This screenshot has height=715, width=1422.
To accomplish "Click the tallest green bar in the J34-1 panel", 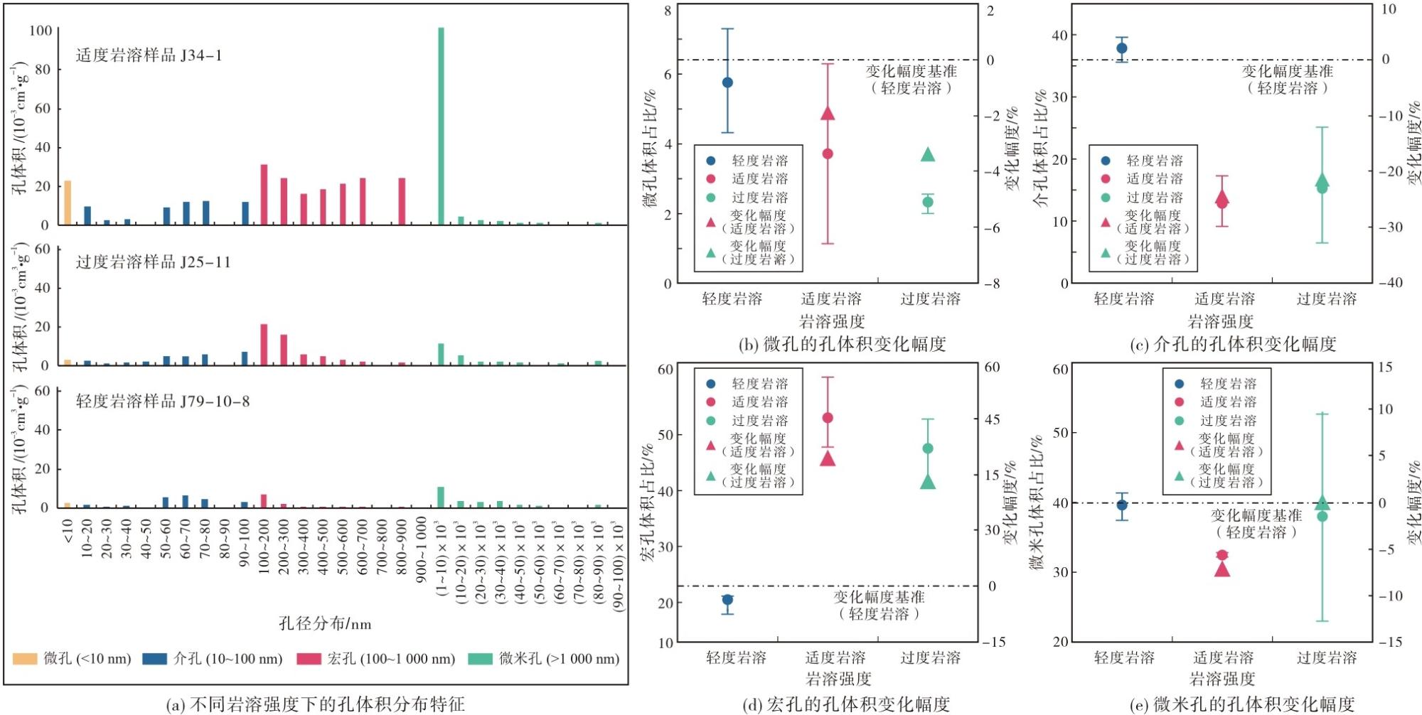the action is tap(441, 126).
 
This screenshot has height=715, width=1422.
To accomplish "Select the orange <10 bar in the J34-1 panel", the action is tap(68, 203).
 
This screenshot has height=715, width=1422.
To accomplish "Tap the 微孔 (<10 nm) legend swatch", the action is tap(25, 659).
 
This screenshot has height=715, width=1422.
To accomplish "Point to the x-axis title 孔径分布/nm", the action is tap(325, 623).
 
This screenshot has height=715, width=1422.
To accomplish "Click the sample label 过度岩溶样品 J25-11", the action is tap(154, 262).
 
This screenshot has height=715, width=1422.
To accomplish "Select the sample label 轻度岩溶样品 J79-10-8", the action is tap(163, 401).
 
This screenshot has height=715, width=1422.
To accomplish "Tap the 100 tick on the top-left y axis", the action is tap(41, 31).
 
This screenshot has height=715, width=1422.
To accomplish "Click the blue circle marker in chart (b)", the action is tap(727, 82).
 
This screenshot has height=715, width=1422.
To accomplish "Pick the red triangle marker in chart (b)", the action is tap(828, 113).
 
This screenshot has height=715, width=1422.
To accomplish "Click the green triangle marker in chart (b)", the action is tap(928, 154).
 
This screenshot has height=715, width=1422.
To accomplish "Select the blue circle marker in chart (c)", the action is tap(1122, 48).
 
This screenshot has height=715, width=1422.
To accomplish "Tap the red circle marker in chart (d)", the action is tap(828, 418).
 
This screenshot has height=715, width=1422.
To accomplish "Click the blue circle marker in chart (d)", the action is tap(727, 600).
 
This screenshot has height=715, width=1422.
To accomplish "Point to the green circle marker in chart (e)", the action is tap(1322, 516).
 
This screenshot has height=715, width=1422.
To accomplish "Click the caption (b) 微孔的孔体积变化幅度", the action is tap(843, 345).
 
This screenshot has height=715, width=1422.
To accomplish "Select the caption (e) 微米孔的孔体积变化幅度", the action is tap(1242, 704).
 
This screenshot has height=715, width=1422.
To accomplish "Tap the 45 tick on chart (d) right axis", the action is tap(993, 419).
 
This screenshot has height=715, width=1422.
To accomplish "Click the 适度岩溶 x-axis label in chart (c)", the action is tap(1224, 299).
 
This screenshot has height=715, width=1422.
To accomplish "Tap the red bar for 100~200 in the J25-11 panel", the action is tap(264, 345).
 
